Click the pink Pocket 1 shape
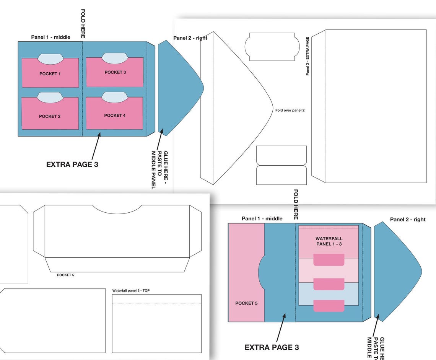click(50, 73)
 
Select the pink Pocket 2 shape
click(50, 114)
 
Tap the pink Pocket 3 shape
click(115, 72)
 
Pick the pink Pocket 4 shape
click(115, 113)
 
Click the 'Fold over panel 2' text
click(290, 111)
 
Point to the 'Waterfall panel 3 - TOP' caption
click(131, 290)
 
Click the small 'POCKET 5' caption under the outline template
click(66, 275)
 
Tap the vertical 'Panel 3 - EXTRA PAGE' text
click(307, 56)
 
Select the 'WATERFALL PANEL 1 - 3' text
click(329, 241)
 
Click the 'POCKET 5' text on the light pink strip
click(246, 303)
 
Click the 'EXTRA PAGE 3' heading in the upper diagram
click(72, 165)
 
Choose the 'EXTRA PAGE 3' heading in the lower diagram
click(272, 347)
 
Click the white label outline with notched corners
click(272, 47)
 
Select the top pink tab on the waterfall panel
click(329, 260)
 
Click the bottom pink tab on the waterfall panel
click(329, 306)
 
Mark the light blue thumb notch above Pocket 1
click(50, 59)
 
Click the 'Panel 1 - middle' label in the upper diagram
click(50, 37)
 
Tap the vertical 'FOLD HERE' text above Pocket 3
click(83, 24)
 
